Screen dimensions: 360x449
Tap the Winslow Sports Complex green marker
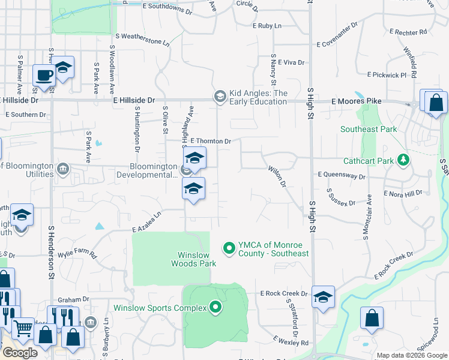coord(215,308)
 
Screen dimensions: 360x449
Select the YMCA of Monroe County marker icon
coord(228,247)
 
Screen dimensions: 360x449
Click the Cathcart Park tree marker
coord(403,160)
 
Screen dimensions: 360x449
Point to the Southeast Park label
coord(369,129)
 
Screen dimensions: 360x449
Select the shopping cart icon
coord(23,328)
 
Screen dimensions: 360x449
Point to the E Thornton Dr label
coord(211,141)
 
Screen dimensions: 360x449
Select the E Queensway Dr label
coord(340,176)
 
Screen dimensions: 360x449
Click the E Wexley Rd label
coord(291,341)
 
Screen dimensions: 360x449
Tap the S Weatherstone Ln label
coord(142,40)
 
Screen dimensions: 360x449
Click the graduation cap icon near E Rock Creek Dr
coord(323,297)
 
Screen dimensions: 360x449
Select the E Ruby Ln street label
coord(267,26)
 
